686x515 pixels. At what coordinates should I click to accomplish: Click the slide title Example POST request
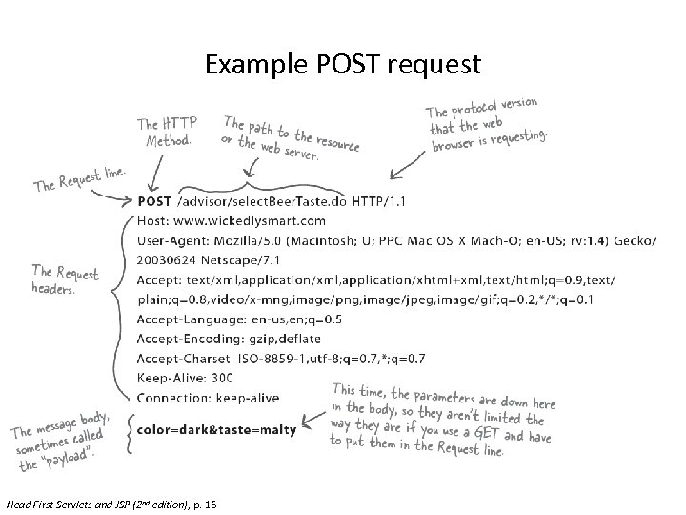[x=343, y=65]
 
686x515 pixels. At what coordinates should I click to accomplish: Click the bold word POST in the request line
[x=155, y=202]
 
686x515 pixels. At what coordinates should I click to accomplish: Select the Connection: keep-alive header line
[x=208, y=398]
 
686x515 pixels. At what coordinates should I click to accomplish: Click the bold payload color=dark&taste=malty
[x=216, y=430]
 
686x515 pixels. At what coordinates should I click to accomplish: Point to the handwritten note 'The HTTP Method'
[x=168, y=133]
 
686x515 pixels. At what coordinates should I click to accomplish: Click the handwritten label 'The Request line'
[x=80, y=178]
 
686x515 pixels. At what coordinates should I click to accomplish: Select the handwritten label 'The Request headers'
[x=65, y=279]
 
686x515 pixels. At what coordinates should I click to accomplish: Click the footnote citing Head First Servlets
[x=110, y=504]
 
